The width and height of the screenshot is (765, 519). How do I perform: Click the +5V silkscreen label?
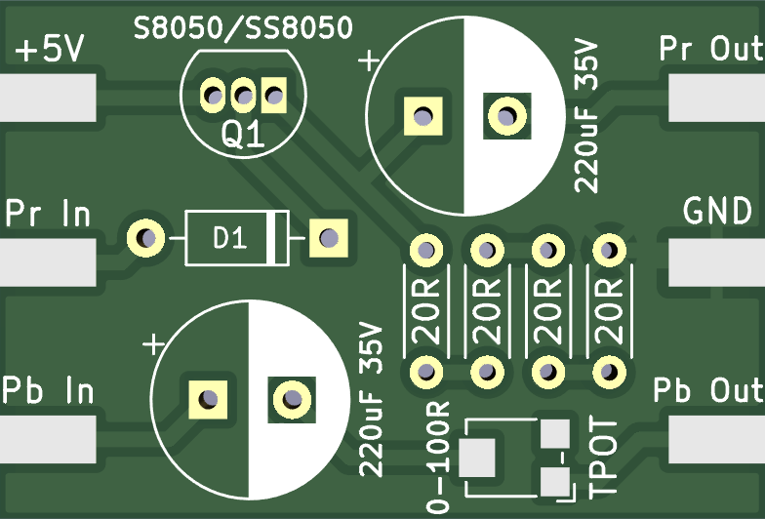pyautogui.click(x=48, y=51)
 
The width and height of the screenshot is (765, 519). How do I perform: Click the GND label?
pyautogui.click(x=717, y=210)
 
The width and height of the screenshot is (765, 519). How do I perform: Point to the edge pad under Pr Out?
pyautogui.click(x=715, y=96)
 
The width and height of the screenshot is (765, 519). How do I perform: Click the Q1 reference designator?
pyautogui.click(x=243, y=136)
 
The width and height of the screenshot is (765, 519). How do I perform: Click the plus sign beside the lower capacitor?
pyautogui.click(x=152, y=343)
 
